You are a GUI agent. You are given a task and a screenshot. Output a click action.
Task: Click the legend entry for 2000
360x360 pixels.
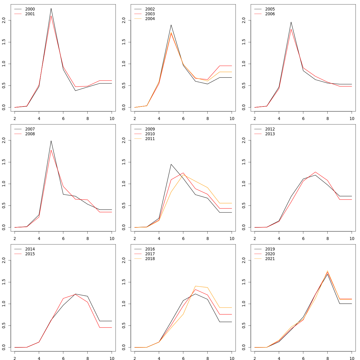(x=30, y=9)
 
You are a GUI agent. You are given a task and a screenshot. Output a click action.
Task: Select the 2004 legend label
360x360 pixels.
(x=150, y=19)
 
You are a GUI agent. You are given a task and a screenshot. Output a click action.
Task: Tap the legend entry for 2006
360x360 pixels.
(x=270, y=14)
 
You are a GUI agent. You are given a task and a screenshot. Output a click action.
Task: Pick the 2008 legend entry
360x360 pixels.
(x=30, y=134)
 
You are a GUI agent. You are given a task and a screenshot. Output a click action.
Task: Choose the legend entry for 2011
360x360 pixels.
(x=150, y=139)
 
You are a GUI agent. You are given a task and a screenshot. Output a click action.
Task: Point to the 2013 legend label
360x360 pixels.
(x=270, y=134)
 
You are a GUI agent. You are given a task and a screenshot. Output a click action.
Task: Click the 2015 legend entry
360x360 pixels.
(x=30, y=254)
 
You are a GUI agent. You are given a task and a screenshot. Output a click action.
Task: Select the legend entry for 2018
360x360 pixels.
(x=150, y=259)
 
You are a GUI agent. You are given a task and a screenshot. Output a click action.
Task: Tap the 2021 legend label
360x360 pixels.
(x=270, y=259)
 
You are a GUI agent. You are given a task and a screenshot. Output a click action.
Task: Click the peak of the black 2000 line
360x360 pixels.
(x=51, y=8)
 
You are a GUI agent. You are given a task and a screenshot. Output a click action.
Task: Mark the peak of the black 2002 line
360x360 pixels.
(x=171, y=25)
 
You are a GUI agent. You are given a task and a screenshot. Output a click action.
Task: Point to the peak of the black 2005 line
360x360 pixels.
(x=291, y=22)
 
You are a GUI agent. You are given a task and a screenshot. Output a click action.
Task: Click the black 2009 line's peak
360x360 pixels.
(x=171, y=164)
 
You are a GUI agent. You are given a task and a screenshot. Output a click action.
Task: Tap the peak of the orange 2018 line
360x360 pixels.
(x=195, y=286)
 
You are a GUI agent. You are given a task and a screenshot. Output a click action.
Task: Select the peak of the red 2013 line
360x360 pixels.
(x=315, y=172)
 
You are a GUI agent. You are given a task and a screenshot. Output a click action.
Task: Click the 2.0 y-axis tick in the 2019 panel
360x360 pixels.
(x=244, y=260)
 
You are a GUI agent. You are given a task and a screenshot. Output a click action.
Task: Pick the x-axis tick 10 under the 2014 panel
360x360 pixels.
(x=112, y=358)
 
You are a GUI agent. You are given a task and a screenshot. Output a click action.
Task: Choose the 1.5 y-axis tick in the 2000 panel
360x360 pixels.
(x=4, y=42)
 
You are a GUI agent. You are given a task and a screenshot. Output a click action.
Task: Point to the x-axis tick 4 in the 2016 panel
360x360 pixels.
(x=159, y=358)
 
